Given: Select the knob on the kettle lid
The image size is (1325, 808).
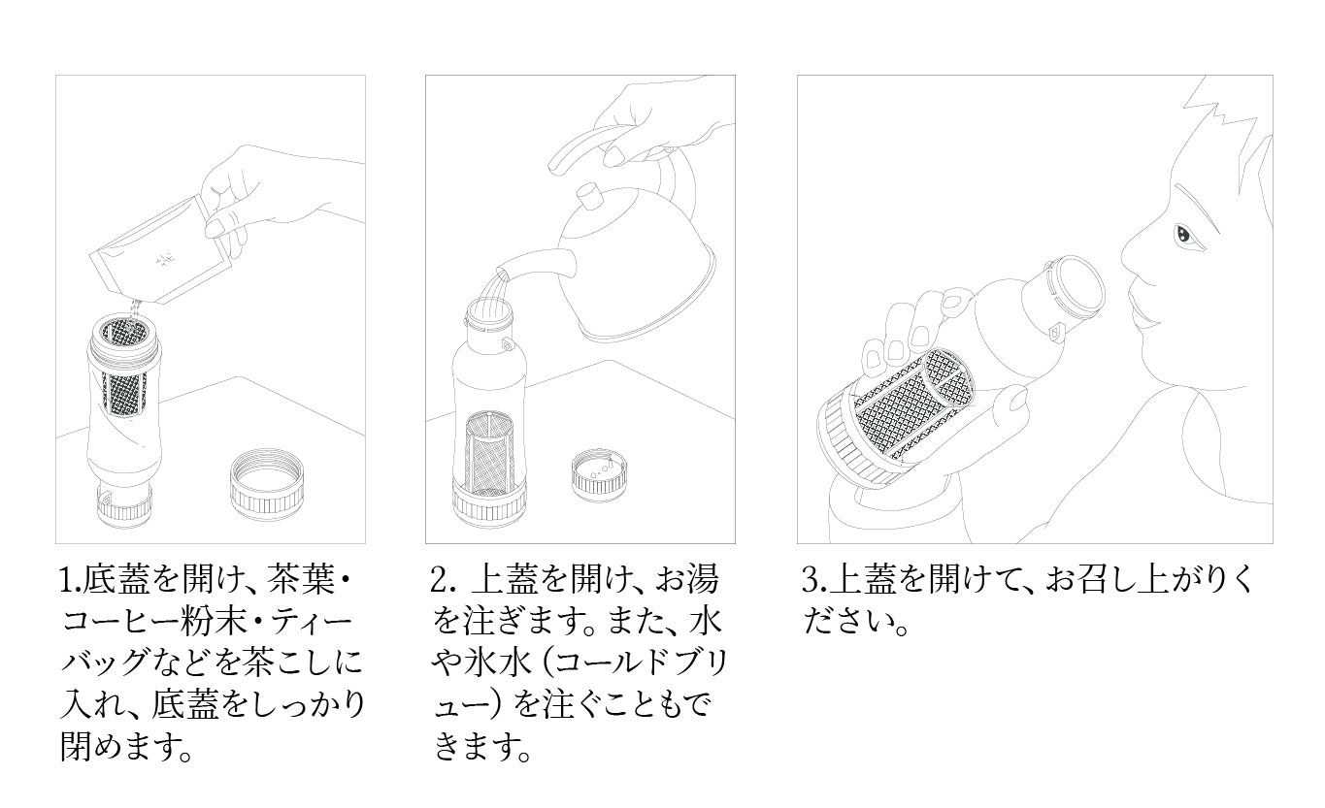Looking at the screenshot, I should pos(589,198).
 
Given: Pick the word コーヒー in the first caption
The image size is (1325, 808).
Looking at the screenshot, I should pos(130,623).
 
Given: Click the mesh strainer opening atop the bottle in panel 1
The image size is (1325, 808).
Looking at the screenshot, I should pos(123,333).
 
